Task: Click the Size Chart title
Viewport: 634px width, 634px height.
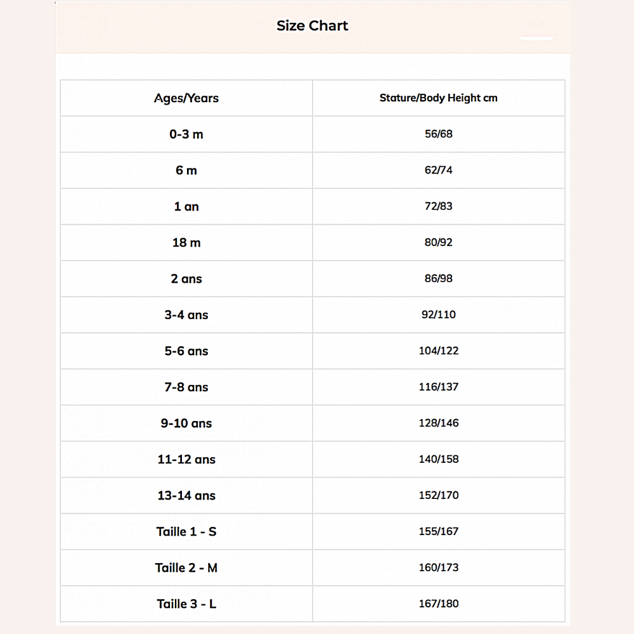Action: click(312, 26)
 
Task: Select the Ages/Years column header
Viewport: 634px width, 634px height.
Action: click(186, 98)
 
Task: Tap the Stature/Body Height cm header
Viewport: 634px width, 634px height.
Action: click(438, 98)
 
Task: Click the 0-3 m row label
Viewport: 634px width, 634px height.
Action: click(186, 134)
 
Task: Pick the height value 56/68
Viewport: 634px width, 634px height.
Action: click(439, 134)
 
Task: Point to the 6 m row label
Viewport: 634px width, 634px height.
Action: click(186, 171)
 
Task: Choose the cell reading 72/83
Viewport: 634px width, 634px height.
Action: click(439, 207)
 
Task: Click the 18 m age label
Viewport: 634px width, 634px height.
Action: click(186, 243)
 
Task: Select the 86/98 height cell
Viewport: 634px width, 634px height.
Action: click(439, 279)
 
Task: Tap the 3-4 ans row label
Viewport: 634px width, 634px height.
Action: click(186, 315)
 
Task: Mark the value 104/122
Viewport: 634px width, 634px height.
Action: click(439, 351)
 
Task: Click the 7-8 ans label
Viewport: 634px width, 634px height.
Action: click(186, 387)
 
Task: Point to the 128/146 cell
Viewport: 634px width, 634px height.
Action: click(439, 424)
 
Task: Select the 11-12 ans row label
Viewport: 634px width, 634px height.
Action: click(186, 460)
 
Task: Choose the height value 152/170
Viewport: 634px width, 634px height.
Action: click(439, 496)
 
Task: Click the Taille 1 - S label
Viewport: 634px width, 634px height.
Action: click(186, 532)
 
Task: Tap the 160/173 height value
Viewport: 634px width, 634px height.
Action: click(439, 568)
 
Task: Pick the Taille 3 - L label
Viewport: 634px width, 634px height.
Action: click(186, 604)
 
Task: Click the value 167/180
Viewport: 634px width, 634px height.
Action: click(439, 604)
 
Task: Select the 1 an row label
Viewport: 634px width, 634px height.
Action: click(186, 207)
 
